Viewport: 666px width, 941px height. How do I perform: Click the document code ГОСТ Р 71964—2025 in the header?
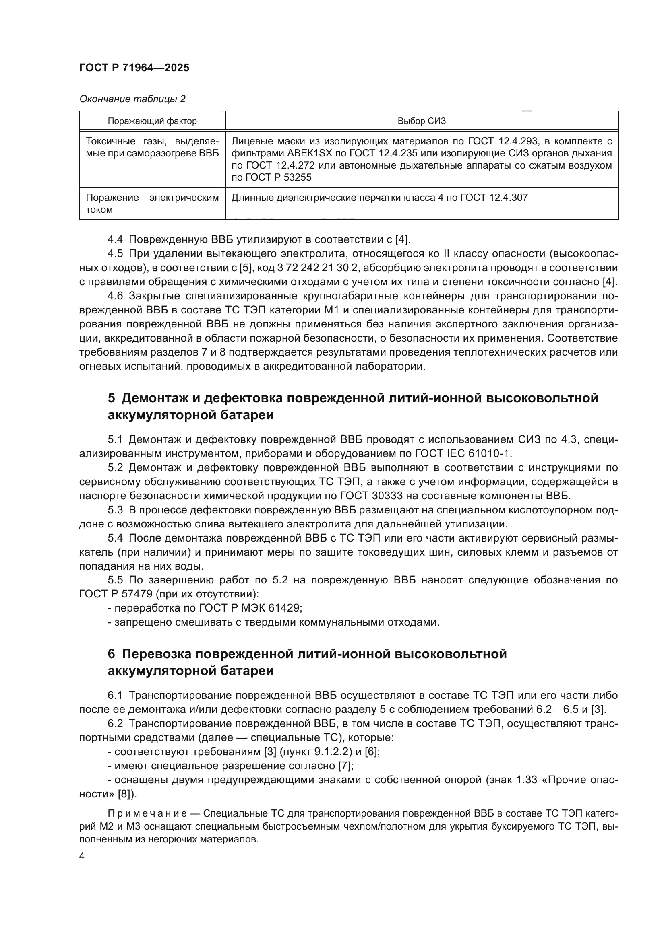134,68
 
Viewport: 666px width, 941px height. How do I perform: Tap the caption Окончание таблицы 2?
132,99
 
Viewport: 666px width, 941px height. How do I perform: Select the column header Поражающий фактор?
152,121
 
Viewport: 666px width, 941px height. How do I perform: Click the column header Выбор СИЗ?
421,121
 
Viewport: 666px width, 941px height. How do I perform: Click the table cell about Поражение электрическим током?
152,203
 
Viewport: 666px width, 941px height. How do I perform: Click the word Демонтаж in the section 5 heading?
156,398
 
